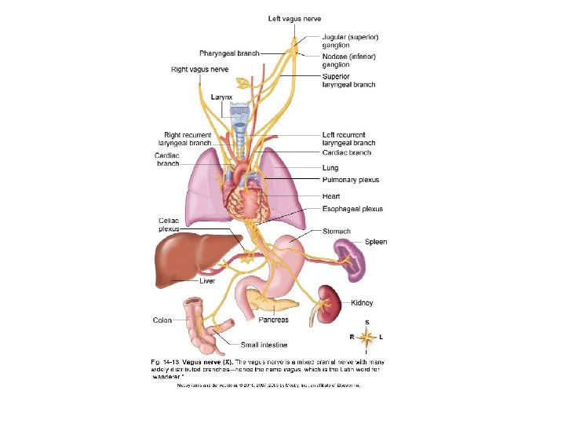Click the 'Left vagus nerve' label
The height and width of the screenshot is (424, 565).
(294, 18)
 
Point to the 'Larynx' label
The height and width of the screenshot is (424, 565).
(221, 97)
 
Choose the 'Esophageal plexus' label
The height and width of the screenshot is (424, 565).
(352, 209)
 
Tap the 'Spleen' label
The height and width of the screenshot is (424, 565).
(376, 243)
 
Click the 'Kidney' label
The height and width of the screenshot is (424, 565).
(362, 302)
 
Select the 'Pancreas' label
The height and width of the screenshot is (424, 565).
(274, 320)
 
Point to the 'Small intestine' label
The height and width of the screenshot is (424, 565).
(264, 344)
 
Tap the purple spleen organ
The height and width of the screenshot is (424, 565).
(350, 259)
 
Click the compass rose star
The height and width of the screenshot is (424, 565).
(366, 336)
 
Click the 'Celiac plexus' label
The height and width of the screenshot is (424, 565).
(168, 225)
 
